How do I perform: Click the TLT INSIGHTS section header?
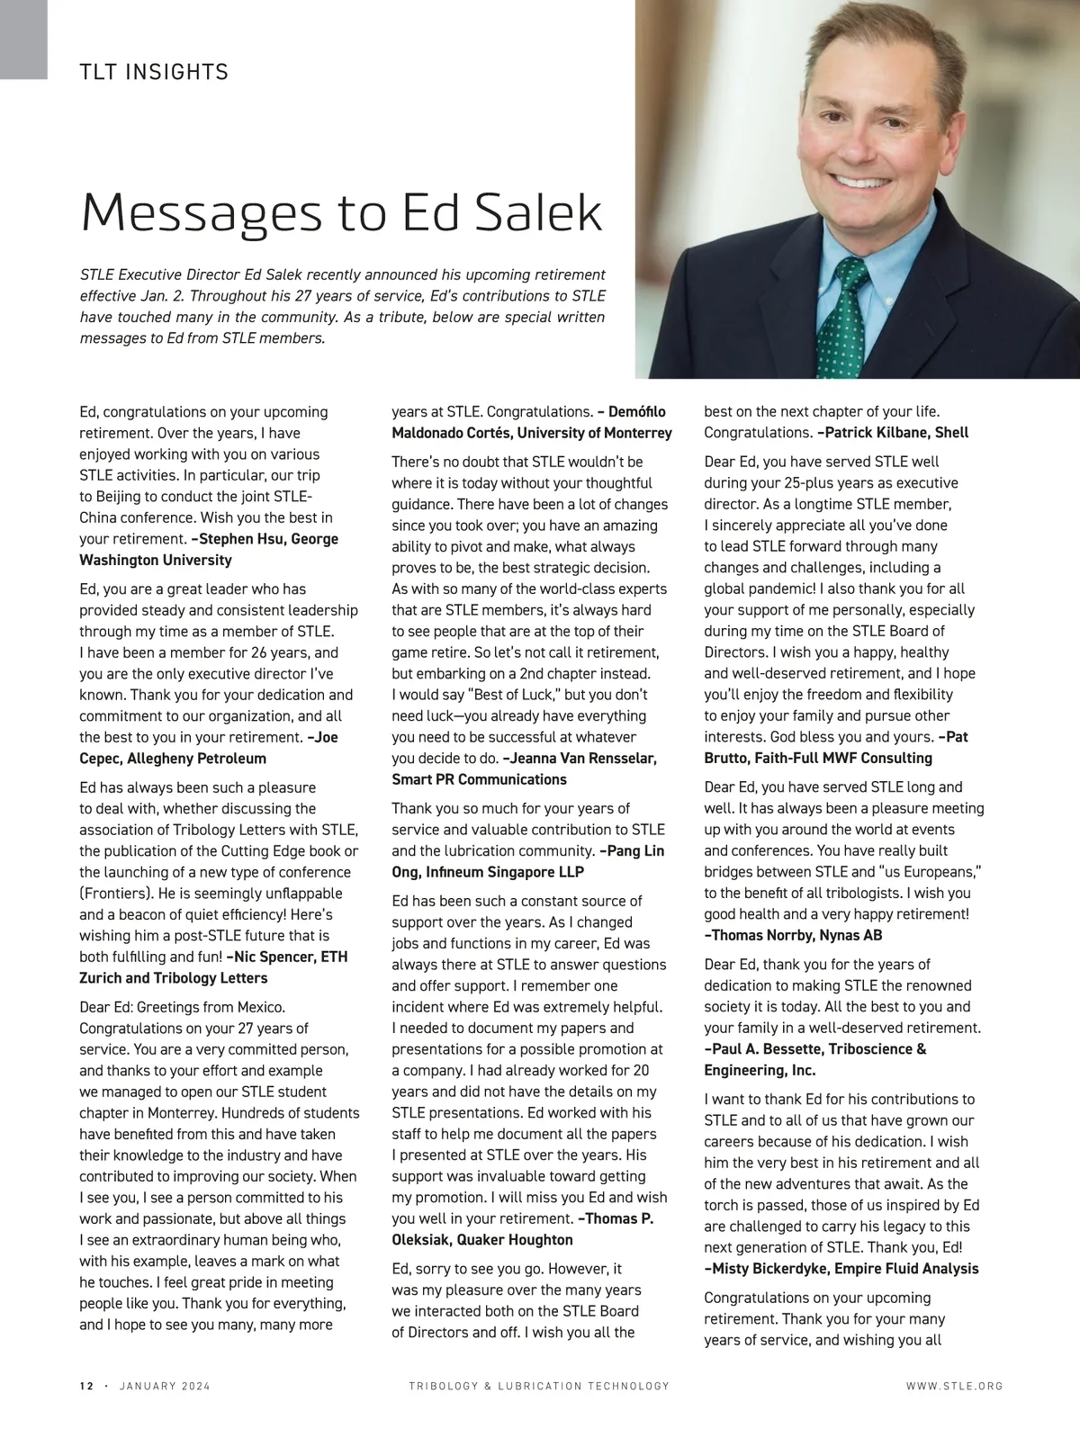(154, 72)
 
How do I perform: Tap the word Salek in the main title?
(538, 212)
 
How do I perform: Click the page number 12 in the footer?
(86, 1386)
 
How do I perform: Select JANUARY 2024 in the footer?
(165, 1386)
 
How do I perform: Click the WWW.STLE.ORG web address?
(954, 1386)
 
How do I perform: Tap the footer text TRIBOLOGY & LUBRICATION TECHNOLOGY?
(539, 1386)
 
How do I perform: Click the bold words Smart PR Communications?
(479, 779)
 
